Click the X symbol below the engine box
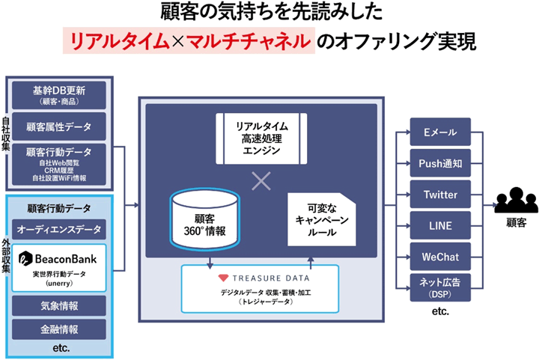coord(261,181)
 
